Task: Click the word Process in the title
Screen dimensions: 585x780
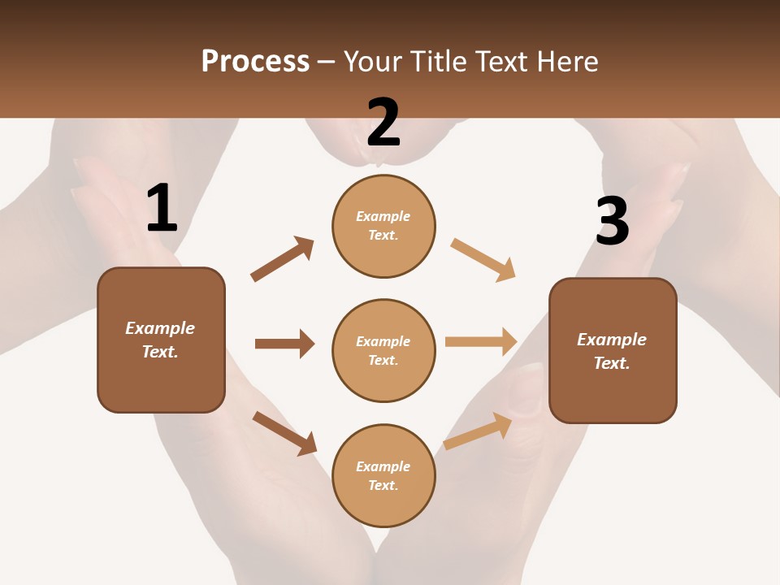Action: point(255,62)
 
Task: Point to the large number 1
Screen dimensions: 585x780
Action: point(162,209)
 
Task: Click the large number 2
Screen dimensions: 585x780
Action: point(383,123)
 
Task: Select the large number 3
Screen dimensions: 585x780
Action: point(613,222)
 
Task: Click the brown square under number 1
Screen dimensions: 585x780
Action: point(161,340)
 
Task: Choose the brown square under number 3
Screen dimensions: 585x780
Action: point(613,350)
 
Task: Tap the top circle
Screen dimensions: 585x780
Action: point(383,226)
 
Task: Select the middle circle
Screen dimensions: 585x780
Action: point(383,350)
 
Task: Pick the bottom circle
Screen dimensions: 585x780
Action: point(383,475)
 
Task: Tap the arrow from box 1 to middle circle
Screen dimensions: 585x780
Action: point(284,344)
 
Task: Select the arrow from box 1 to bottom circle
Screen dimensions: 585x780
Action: point(285,433)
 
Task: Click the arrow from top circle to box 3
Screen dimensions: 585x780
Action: point(483,260)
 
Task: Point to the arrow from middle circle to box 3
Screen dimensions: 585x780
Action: point(481,342)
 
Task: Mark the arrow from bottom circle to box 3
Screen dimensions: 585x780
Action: point(478,431)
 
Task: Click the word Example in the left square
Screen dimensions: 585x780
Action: point(160,328)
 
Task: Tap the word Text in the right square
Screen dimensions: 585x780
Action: point(611,363)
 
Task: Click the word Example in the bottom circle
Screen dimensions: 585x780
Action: point(383,466)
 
